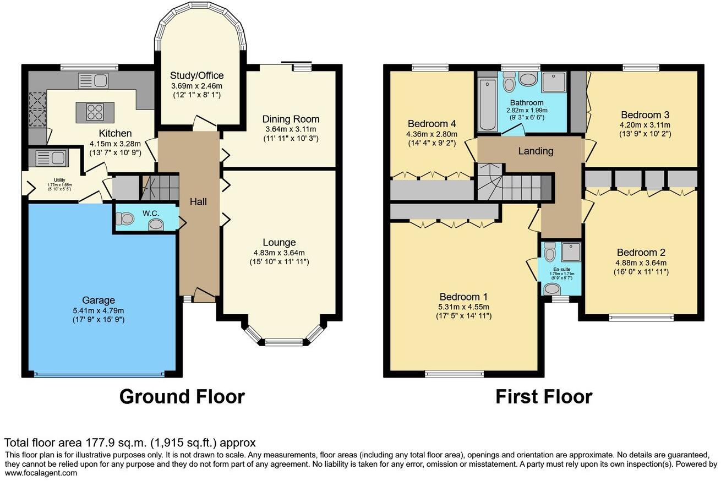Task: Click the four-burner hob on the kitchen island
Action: click(x=95, y=112)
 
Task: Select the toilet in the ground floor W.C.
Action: click(x=126, y=219)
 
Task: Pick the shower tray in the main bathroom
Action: click(x=554, y=82)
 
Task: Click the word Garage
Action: click(x=99, y=300)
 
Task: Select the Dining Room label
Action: click(x=291, y=119)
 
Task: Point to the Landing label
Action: click(x=536, y=151)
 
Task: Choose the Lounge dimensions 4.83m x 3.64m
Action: click(x=279, y=253)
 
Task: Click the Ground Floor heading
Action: click(x=182, y=396)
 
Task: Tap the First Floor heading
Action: click(x=544, y=396)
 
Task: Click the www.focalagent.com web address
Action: click(x=41, y=473)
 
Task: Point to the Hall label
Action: click(x=198, y=202)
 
